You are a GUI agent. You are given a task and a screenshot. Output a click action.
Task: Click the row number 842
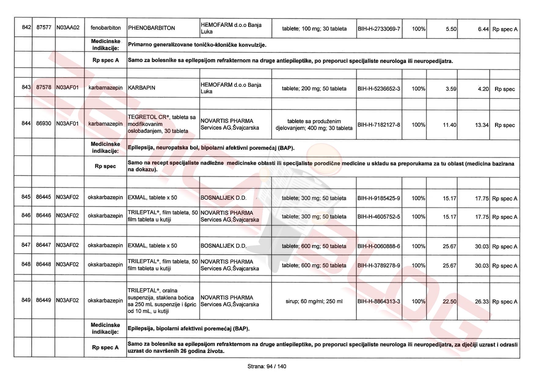click(x=27, y=28)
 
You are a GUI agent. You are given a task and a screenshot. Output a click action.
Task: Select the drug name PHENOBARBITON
click(x=152, y=28)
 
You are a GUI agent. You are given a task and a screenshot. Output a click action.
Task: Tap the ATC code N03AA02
click(x=68, y=28)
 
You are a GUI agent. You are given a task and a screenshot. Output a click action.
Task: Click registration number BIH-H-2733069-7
click(x=379, y=29)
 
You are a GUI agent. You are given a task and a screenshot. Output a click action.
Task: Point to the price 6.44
click(x=483, y=29)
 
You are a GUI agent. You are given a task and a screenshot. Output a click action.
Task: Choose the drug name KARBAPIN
click(x=141, y=88)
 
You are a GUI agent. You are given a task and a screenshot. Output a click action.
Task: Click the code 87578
click(x=44, y=87)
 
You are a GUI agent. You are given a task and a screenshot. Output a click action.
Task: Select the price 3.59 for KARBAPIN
click(x=451, y=89)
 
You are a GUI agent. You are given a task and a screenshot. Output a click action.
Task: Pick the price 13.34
click(x=482, y=125)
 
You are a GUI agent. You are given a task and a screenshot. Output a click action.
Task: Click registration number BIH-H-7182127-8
click(x=379, y=125)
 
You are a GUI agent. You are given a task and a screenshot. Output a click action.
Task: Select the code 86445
click(x=43, y=197)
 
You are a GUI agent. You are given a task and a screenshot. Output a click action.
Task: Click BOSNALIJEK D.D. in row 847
click(x=223, y=246)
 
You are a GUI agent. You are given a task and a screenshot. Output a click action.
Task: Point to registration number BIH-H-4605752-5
click(x=379, y=217)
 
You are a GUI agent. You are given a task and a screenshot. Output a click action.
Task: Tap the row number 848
click(x=26, y=264)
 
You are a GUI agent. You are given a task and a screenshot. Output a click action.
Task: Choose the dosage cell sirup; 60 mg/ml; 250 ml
click(x=314, y=301)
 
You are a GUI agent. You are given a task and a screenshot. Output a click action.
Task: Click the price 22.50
click(x=449, y=301)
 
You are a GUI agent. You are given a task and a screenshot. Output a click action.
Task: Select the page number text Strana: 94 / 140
click(x=267, y=366)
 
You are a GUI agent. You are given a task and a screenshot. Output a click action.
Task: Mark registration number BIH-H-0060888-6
click(x=379, y=246)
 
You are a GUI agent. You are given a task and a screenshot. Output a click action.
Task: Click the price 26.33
click(x=482, y=302)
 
